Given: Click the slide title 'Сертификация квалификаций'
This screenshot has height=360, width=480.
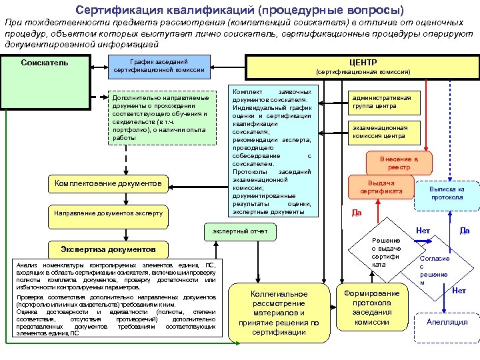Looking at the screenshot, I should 239,10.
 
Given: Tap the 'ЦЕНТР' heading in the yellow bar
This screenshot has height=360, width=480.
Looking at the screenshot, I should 363,61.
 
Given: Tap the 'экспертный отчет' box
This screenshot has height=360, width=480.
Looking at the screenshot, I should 240,231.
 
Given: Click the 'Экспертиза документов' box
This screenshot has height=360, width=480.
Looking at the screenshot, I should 109,249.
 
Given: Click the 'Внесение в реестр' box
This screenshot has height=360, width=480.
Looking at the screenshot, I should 399,163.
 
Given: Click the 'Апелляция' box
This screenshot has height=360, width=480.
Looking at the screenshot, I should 447,322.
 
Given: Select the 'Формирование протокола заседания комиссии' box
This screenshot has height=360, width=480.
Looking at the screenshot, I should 371,308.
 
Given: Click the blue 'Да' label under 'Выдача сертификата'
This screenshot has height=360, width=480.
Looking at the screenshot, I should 357,213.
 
